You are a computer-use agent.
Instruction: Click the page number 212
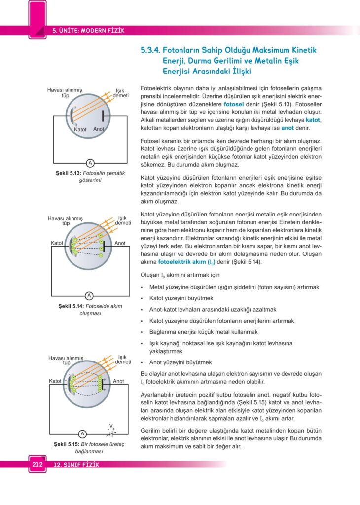pos(37,464)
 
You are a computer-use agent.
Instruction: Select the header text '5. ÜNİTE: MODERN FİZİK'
pos(88,31)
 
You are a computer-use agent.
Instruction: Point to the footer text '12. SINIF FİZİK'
pos(74,465)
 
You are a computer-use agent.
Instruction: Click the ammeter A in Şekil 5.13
pos(90,163)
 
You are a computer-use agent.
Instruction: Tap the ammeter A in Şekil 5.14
pos(89,296)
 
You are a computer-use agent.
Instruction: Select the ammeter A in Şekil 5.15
pos(82,434)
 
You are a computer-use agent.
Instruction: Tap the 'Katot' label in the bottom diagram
pos(55,381)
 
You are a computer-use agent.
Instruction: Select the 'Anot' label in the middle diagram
pos(120,243)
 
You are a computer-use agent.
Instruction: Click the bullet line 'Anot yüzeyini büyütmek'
pos(180,362)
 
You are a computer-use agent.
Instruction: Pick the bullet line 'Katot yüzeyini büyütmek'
pos(181,298)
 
